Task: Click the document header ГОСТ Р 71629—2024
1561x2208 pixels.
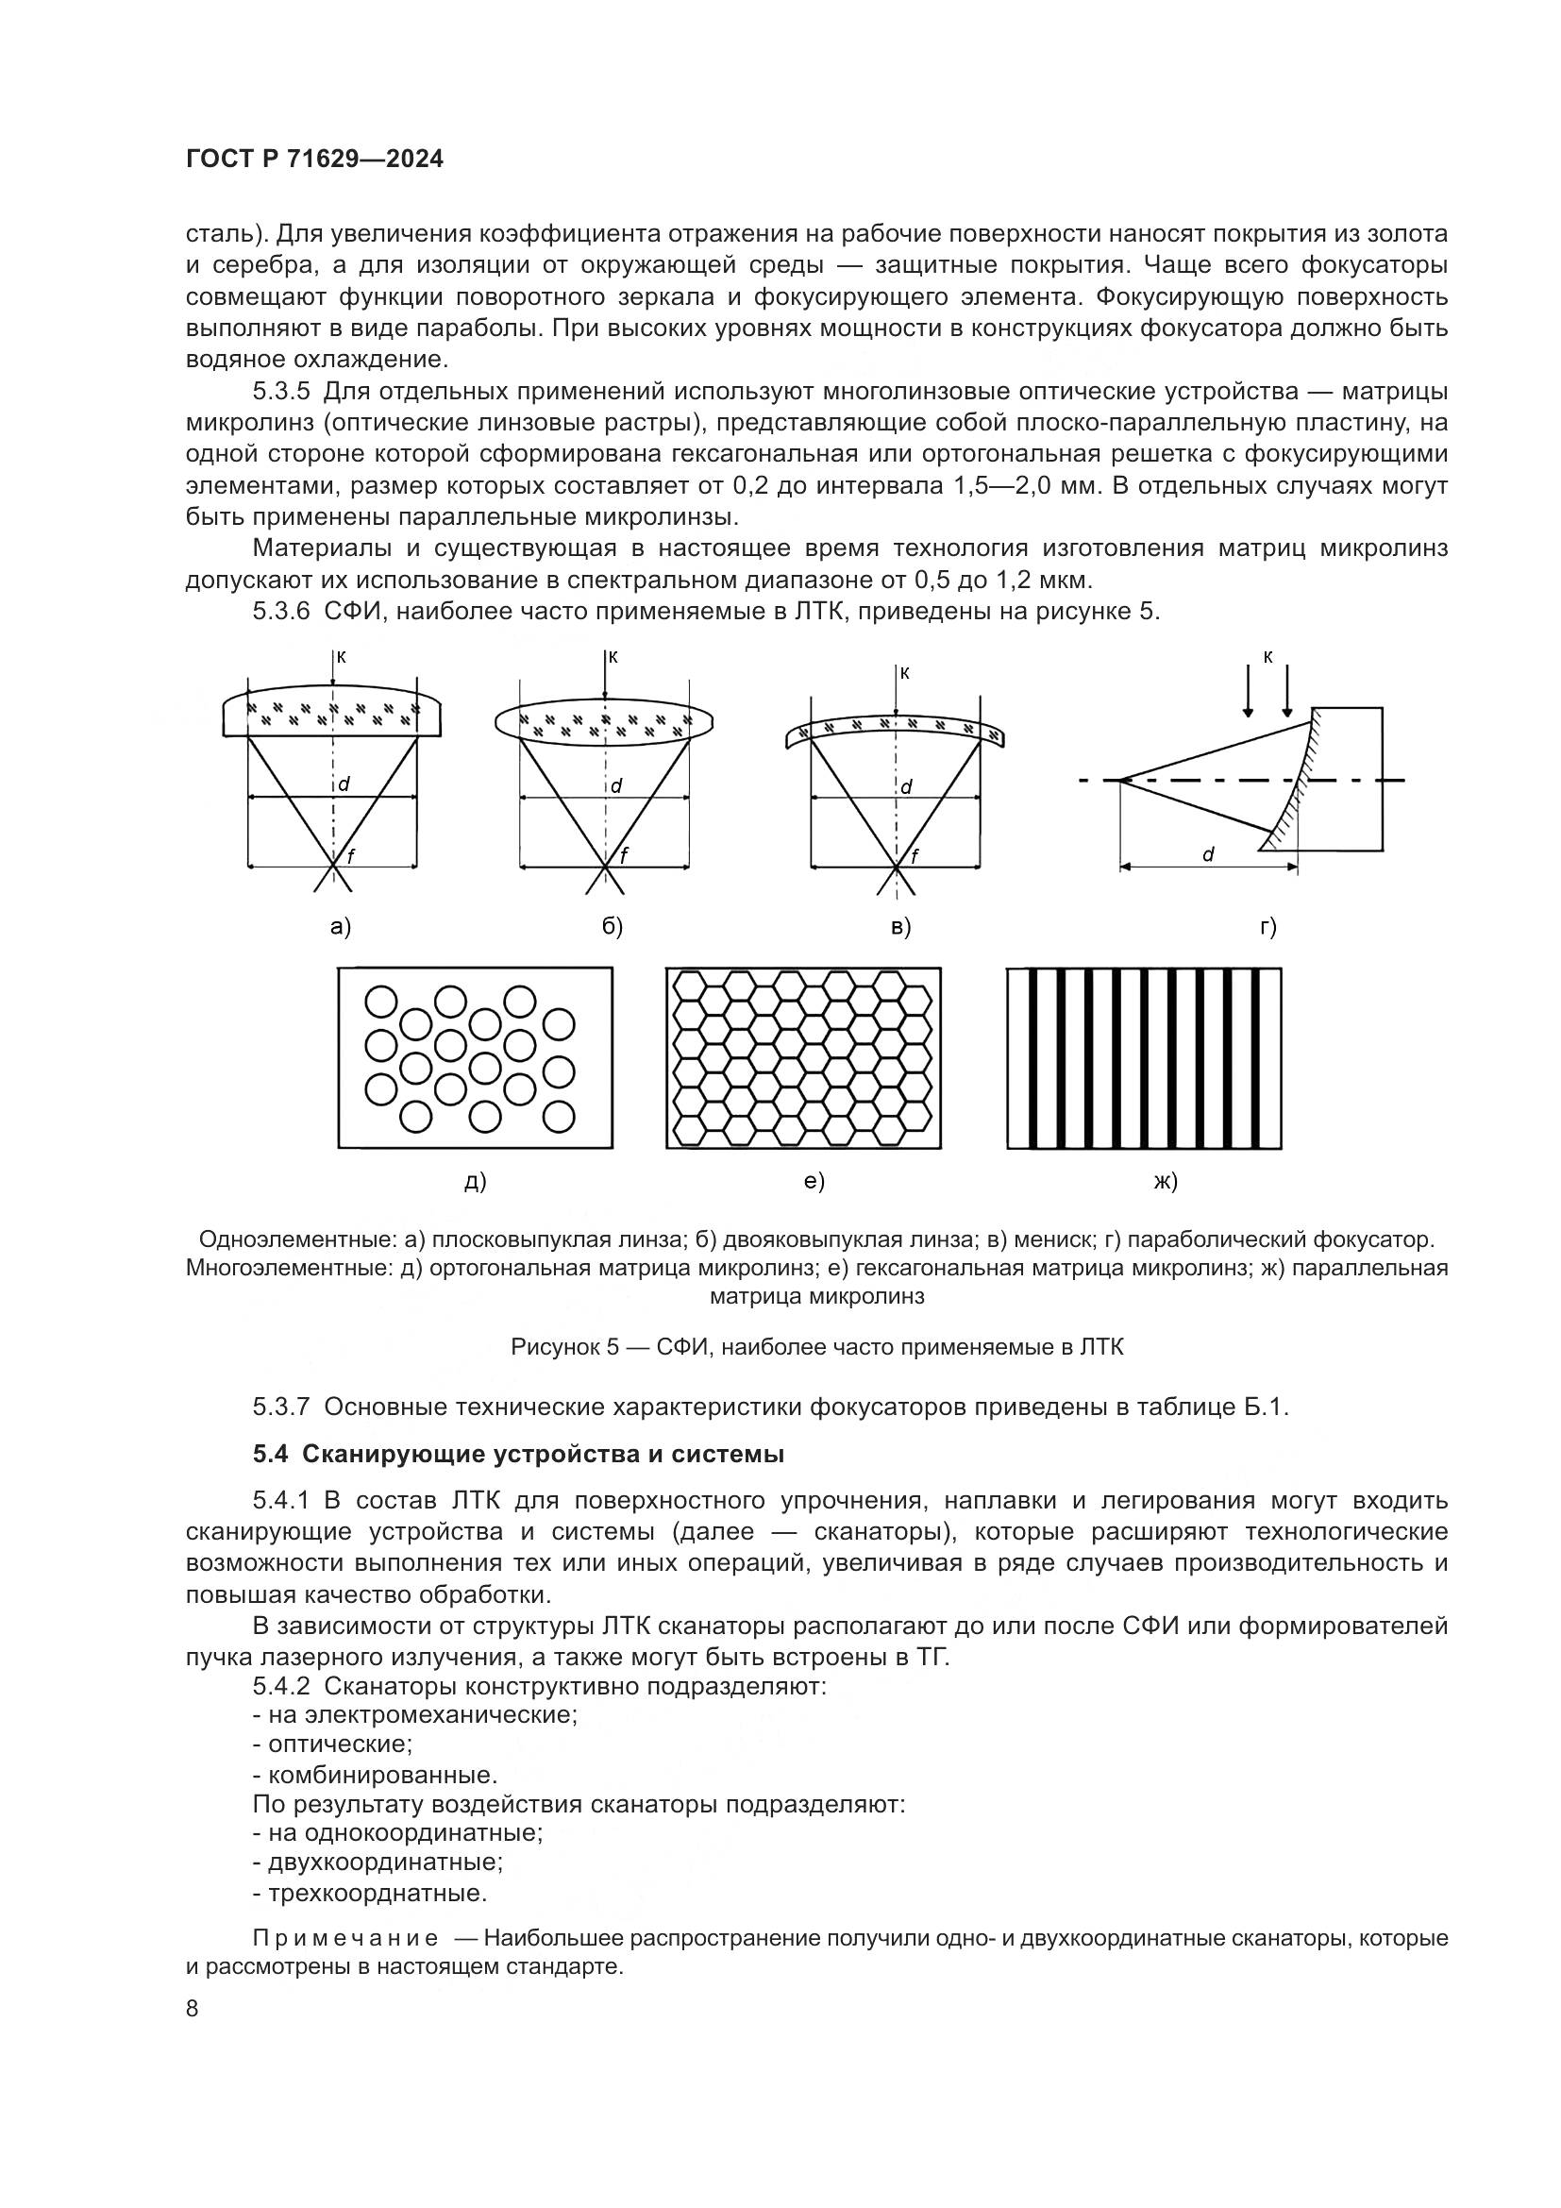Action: [x=314, y=160]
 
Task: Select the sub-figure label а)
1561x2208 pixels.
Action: [x=341, y=927]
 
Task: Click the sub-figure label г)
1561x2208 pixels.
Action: [x=1267, y=927]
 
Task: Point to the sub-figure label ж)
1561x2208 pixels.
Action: [x=1165, y=1181]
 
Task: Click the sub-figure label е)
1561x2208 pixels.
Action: [x=814, y=1181]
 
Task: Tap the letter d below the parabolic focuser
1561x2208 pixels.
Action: [x=1207, y=854]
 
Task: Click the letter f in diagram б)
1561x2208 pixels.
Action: [x=624, y=855]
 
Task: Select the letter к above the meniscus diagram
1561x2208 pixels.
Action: [x=904, y=673]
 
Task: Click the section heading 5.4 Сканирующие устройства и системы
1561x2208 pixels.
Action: [x=519, y=1454]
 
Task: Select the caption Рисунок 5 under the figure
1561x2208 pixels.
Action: [x=817, y=1347]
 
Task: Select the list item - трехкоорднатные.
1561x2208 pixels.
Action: [x=370, y=1894]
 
